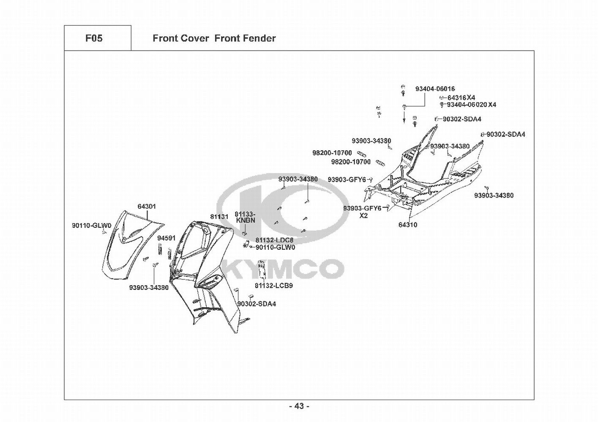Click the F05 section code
pos(94,38)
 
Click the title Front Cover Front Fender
pos(214,38)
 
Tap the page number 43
pos(299,406)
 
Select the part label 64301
pos(147,207)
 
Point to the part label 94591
pos(166,238)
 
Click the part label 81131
pos(219,216)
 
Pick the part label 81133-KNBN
pos(245,217)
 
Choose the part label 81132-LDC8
pos(274,240)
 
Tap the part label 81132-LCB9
pos(274,286)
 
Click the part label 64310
pos(408,225)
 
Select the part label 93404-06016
pos(435,89)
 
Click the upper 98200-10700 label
pos(332,153)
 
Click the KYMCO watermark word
pos(283,269)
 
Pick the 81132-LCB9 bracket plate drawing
pos(262,270)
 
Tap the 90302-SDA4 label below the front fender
pos(257,304)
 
